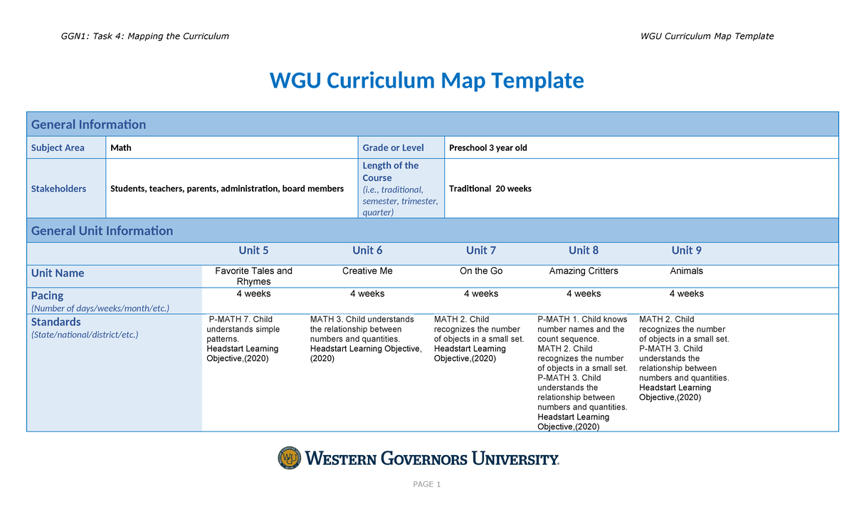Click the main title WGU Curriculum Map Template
coord(426,80)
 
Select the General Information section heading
coord(88,125)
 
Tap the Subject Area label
coord(58,148)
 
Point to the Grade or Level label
coord(393,148)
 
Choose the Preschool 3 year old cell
coord(488,148)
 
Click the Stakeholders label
coord(58,189)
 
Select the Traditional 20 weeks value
coord(490,189)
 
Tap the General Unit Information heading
coord(102,231)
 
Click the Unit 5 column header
coord(253,251)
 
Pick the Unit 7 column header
coord(481,251)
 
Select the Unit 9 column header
coord(686,251)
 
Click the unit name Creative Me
coord(367,271)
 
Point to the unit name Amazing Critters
coord(584,271)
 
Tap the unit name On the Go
coord(481,271)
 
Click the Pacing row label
coord(47,295)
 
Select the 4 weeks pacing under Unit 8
coord(584,294)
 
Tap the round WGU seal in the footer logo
coord(290,458)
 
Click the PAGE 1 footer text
coord(427,485)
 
